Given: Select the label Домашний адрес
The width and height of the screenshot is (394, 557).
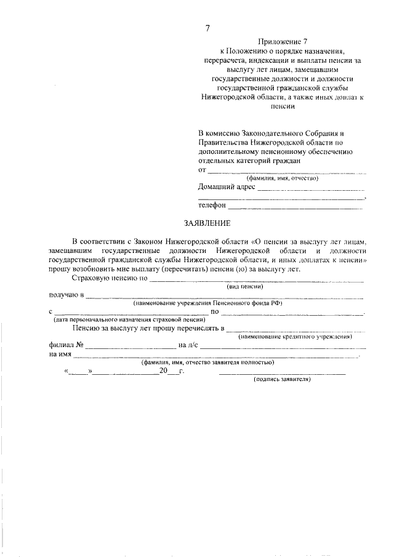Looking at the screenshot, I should tap(226, 187).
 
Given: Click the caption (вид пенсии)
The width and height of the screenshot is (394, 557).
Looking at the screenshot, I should tap(245, 287).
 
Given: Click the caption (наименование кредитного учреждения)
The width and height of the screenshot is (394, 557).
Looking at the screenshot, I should tap(295, 337).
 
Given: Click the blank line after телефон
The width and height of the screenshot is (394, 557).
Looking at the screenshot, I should tap(295, 208).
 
